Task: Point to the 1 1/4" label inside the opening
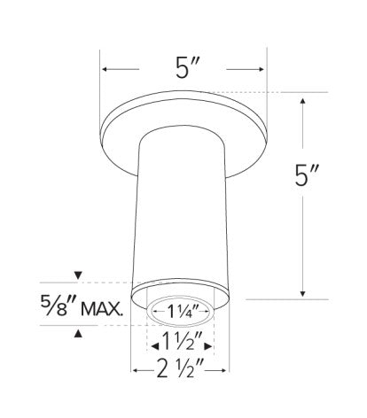[182, 310]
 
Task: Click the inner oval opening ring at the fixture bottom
[182, 322]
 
